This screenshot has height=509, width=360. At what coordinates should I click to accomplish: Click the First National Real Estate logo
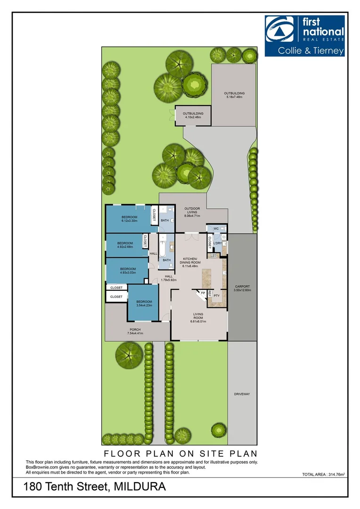(x=304, y=35)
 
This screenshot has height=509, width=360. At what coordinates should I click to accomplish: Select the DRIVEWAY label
(x=242, y=394)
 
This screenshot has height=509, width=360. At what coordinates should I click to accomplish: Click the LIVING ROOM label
(x=199, y=318)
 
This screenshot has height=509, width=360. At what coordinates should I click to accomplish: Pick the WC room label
(x=216, y=229)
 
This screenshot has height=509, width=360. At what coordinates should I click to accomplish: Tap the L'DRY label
(x=217, y=244)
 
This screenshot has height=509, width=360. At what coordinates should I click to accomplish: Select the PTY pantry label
(x=217, y=296)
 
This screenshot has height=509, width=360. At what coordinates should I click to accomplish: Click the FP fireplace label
(x=203, y=293)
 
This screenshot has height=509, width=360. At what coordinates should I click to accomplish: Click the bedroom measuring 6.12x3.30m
(x=129, y=219)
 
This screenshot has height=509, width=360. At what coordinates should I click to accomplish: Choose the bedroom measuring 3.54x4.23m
(x=144, y=304)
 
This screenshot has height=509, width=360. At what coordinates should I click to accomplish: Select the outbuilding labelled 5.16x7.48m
(x=234, y=95)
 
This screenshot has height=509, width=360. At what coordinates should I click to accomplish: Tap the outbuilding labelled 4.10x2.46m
(x=193, y=115)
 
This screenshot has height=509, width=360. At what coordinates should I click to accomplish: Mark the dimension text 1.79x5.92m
(x=168, y=279)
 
